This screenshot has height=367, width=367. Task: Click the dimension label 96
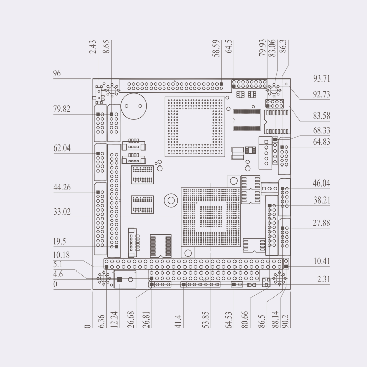(x=57, y=73)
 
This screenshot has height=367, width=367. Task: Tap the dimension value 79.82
(x=62, y=109)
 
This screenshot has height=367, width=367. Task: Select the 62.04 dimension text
(x=62, y=148)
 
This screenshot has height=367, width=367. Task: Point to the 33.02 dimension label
(x=62, y=212)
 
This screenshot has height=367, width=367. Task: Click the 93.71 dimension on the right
(x=321, y=78)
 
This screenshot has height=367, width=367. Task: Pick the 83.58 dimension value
(x=321, y=116)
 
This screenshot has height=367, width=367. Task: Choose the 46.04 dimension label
(x=321, y=183)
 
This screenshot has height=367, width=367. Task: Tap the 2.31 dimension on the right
(x=324, y=279)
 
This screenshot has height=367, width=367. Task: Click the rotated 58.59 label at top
(x=216, y=49)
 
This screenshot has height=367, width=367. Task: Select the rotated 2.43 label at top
(x=93, y=47)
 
